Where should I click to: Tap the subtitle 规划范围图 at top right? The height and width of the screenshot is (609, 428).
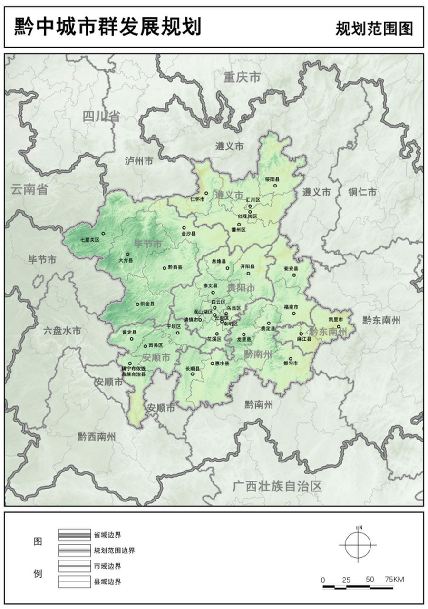(x=374, y=29)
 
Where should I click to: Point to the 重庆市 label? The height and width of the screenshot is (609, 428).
(x=243, y=78)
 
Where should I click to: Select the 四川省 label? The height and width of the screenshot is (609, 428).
(x=101, y=116)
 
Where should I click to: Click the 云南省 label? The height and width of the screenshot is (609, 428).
(x=30, y=189)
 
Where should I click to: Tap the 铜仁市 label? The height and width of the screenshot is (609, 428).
(x=362, y=192)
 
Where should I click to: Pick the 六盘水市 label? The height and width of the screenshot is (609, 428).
(x=62, y=331)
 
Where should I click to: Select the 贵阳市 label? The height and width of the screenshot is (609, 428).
(x=241, y=288)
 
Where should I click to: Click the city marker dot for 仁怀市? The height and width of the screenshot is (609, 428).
(x=206, y=193)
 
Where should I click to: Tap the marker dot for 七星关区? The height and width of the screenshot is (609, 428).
(x=103, y=234)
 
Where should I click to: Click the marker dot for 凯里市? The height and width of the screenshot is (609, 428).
(x=339, y=326)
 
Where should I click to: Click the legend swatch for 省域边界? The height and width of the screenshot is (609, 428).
(x=75, y=535)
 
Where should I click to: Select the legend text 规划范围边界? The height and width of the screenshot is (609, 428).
(x=115, y=550)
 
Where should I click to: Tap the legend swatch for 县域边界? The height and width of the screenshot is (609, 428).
(x=75, y=581)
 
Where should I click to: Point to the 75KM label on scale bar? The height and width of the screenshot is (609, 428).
(x=395, y=580)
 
